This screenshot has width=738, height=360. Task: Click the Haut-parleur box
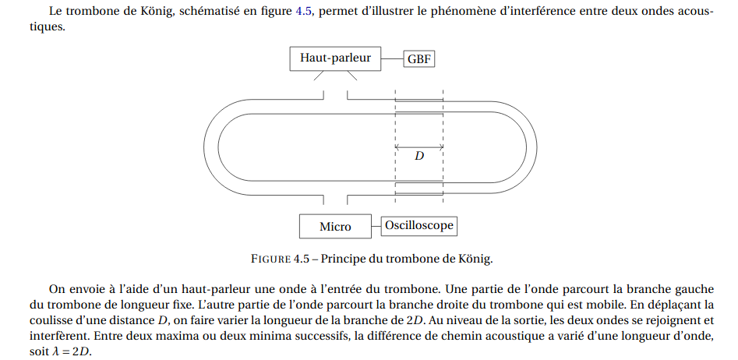[335, 58]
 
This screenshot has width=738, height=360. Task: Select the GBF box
[419, 60]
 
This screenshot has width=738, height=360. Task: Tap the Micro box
[335, 226]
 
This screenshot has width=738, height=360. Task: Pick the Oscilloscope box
[419, 225]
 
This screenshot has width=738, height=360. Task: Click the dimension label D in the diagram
[419, 156]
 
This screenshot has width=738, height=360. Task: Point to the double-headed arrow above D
[419, 147]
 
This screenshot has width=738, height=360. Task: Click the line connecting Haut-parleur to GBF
[392, 58]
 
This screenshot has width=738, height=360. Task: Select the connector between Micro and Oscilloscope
[376, 226]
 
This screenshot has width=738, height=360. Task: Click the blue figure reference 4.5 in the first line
[304, 12]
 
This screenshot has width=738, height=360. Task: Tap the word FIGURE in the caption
[270, 259]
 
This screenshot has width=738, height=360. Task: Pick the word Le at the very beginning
[54, 12]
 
